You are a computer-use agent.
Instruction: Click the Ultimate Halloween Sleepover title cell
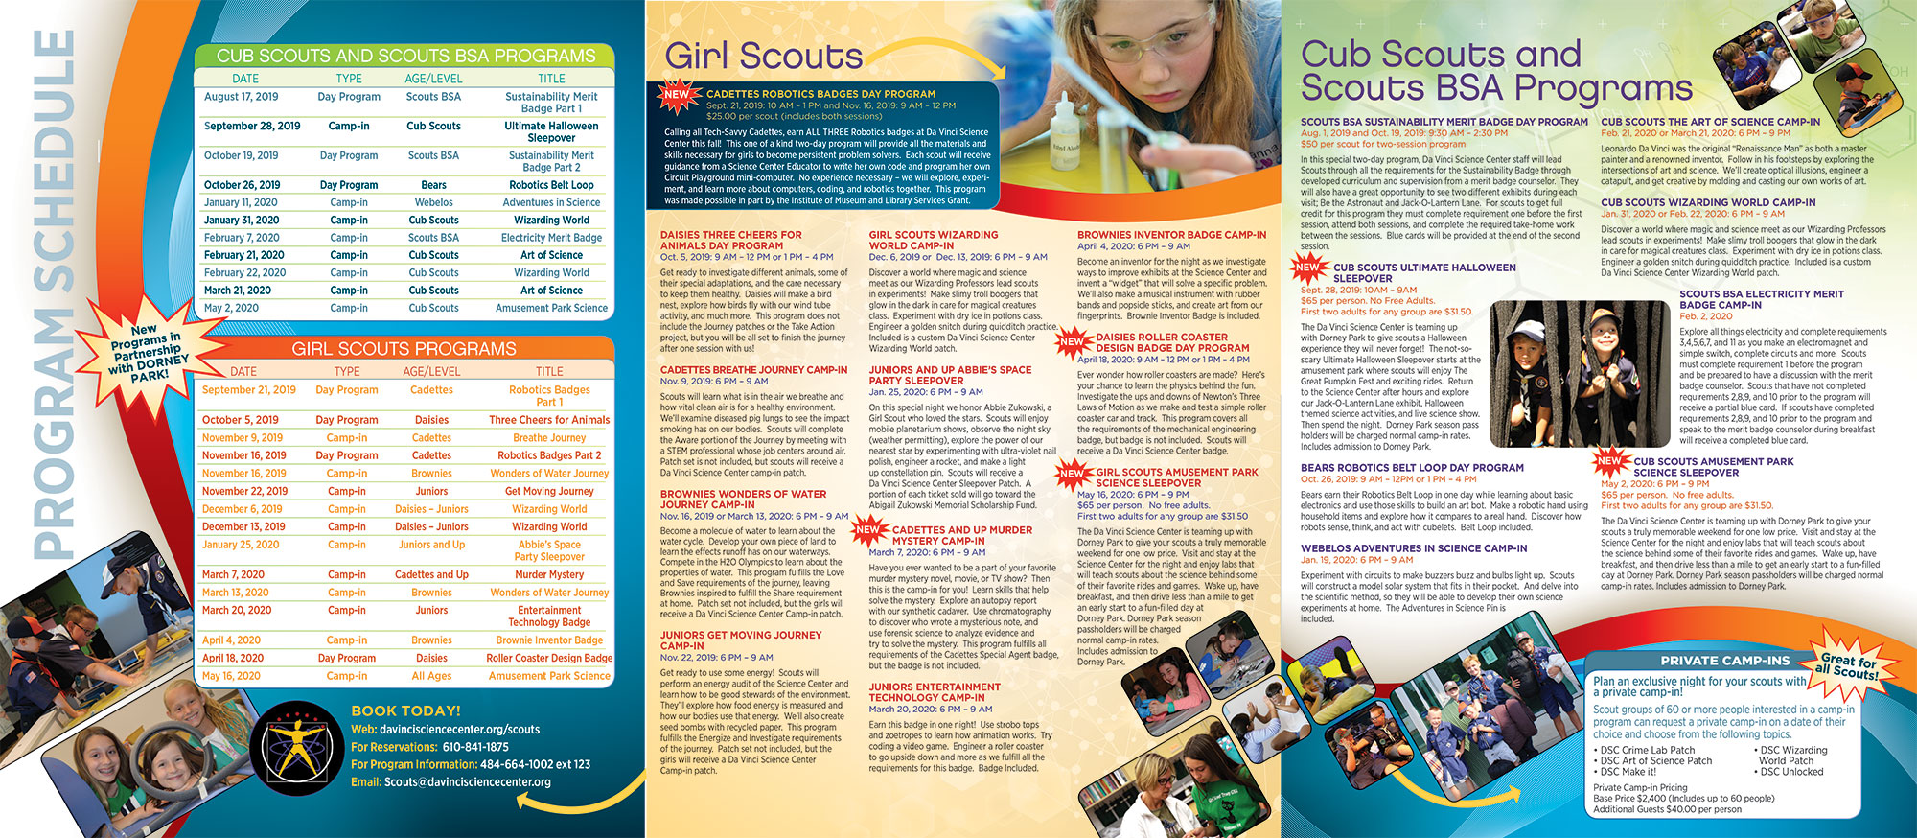(551, 131)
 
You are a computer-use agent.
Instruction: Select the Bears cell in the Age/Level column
(433, 185)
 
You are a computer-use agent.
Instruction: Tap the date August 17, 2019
(242, 97)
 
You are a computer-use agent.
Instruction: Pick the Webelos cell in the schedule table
(433, 202)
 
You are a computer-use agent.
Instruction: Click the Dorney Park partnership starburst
(149, 352)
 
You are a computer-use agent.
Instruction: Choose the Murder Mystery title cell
(549, 574)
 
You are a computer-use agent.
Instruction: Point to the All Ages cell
(431, 676)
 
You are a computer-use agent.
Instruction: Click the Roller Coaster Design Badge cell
(549, 658)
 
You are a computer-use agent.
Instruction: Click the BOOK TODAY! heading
(405, 710)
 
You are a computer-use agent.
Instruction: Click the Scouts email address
(467, 781)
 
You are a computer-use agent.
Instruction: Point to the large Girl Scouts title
(763, 56)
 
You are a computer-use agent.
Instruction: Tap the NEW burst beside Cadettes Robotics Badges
(677, 94)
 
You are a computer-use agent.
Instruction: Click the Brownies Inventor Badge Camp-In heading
(1171, 235)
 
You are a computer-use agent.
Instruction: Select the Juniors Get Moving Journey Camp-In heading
(741, 640)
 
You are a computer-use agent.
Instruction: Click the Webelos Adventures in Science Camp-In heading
(1414, 548)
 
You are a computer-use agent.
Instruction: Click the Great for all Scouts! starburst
(1849, 666)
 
